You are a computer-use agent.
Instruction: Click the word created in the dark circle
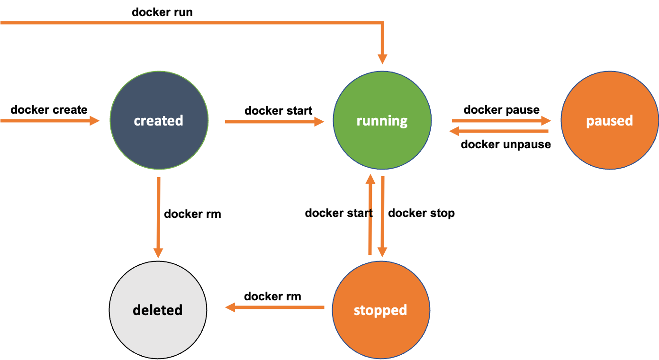158,121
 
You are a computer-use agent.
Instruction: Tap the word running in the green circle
382,121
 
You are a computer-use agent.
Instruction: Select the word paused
609,121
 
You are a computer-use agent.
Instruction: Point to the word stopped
380,310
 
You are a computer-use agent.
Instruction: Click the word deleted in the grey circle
157,310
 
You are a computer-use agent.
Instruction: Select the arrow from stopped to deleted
275,307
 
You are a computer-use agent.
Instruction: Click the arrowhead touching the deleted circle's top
158,253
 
